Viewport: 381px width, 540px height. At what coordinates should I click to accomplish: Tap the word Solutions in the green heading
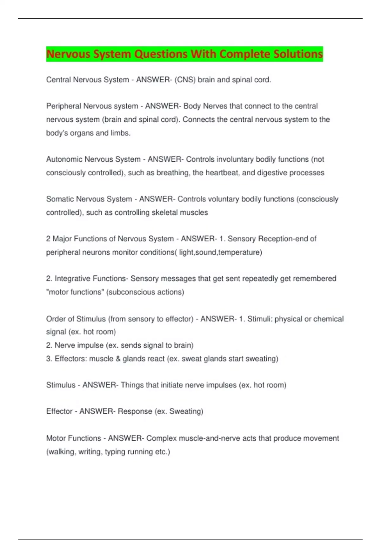[x=298, y=54]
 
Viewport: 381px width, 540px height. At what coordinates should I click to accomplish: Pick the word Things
[x=132, y=385]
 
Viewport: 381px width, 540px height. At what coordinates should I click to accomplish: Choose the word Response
[x=135, y=412]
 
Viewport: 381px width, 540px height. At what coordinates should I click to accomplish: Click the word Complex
[x=161, y=438]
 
